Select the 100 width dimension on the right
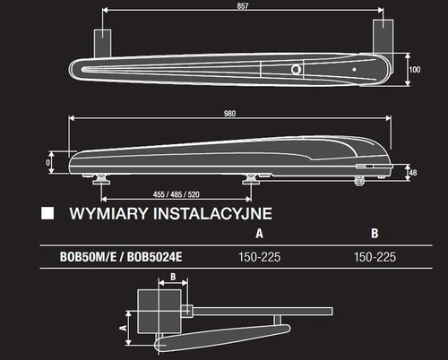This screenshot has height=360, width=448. pos(414,69)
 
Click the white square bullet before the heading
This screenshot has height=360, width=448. pos(48,214)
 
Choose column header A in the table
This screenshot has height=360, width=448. pos(258,234)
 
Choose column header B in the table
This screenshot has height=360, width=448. pos(375,234)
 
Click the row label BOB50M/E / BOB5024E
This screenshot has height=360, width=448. pos(111,255)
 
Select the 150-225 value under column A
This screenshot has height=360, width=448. pos(258,255)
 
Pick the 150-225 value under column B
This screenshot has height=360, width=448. pos(375,255)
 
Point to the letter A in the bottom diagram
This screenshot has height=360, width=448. pos(123,328)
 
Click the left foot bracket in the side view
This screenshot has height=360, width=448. pos(106,176)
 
